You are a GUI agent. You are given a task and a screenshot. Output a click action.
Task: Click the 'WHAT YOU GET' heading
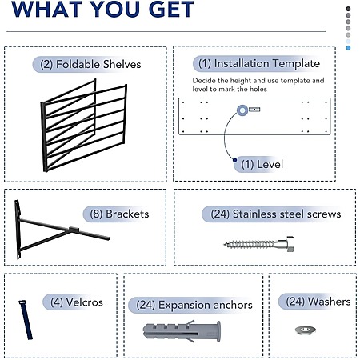coord(102,9)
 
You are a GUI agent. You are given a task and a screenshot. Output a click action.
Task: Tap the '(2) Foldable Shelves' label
coord(90,64)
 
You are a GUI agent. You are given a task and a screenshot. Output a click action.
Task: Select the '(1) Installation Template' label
coord(259,63)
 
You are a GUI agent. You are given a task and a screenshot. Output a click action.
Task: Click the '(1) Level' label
coord(262,164)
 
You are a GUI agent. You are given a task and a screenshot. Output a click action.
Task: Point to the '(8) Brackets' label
coord(119,214)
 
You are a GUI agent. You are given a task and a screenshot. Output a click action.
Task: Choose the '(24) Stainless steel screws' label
coord(276,214)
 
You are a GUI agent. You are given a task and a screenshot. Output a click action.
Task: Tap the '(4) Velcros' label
coord(77,302)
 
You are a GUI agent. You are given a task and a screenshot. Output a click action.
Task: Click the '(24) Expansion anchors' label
coord(194,305)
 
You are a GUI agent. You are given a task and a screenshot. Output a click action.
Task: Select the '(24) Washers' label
coord(318,302)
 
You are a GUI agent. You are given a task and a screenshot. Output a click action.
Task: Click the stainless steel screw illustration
coord(259,244)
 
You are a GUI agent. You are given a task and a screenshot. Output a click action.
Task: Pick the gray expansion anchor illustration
coord(182,331)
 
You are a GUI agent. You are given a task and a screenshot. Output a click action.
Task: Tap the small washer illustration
coord(306,330)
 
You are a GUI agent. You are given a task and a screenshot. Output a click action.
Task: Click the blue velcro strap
coord(26,319)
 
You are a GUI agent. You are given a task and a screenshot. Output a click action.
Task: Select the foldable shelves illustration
coord(83,126)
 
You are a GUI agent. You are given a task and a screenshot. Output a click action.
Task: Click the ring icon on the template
coord(242,110)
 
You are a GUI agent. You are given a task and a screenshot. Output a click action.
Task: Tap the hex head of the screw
coord(290,244)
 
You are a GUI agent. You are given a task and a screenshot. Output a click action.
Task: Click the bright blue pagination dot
coord(348,48)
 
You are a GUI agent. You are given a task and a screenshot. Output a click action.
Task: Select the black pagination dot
coord(348,9)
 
